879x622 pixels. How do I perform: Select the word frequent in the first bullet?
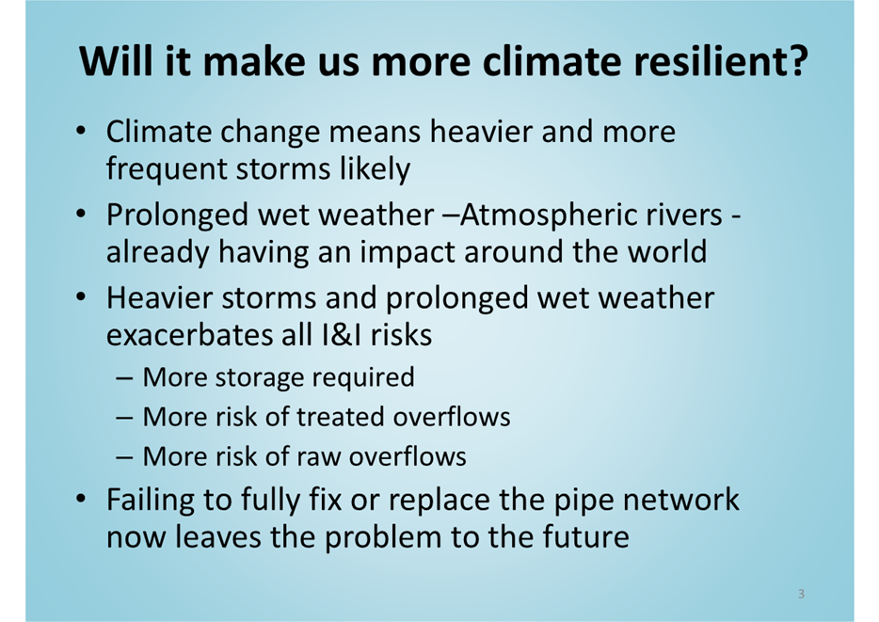(x=166, y=169)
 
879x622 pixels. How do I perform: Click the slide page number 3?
(x=801, y=594)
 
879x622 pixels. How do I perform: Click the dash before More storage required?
(x=124, y=378)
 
